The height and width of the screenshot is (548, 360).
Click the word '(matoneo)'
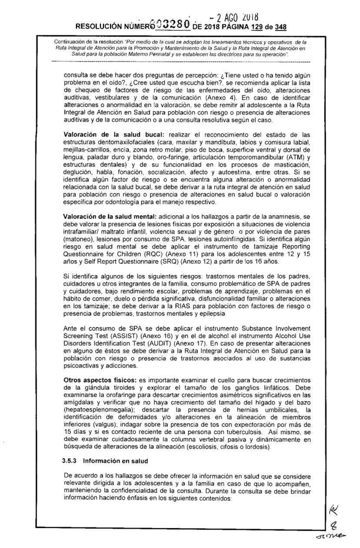point(78,239)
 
